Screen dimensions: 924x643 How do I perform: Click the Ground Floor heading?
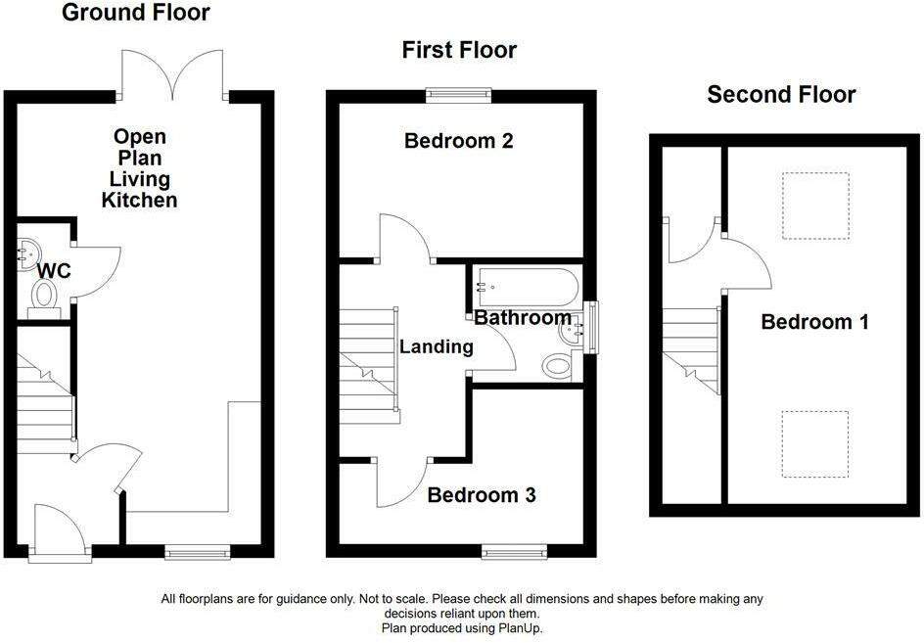pos(135,13)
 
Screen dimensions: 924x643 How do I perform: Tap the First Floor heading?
pos(459,50)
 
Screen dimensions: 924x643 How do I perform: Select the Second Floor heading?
pos(781,94)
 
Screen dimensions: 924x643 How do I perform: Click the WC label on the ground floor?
pos(54,270)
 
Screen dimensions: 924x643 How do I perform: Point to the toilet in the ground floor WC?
pos(44,294)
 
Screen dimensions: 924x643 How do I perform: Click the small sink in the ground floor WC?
pos(24,254)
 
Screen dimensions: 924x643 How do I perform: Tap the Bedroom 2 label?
pos(458,141)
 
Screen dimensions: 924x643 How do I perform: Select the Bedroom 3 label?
pos(482,495)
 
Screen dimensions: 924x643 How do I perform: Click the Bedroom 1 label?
pos(814,322)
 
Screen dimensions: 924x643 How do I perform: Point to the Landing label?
pos(437,345)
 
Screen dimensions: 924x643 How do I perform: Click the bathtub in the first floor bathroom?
pos(528,287)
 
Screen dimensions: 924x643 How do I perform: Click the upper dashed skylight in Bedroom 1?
pos(815,206)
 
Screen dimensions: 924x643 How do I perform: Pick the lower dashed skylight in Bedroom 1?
pos(815,443)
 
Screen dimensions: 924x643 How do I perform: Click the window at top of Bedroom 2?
pos(458,95)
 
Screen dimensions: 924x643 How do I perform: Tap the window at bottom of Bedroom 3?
pos(514,552)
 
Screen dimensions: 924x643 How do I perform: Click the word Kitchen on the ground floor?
pos(139,200)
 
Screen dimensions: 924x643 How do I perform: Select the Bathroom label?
pos(523,318)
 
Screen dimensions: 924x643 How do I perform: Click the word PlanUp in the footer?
pos(520,628)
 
